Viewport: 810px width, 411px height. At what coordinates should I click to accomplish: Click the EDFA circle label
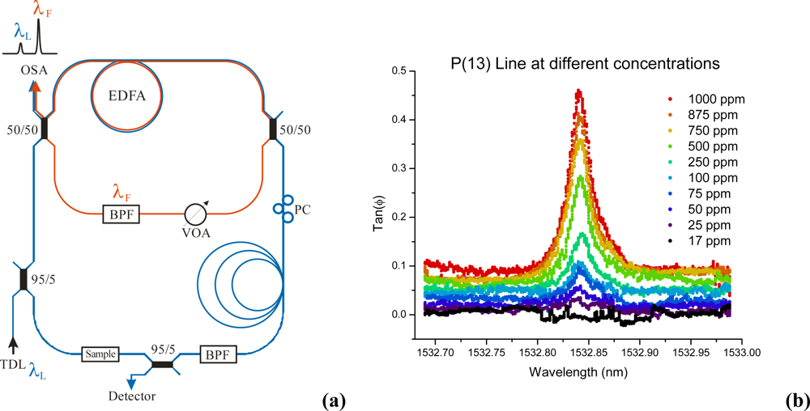(x=126, y=95)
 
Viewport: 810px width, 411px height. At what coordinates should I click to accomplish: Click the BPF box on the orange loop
(x=122, y=214)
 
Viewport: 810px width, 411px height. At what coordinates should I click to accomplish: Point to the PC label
(x=304, y=211)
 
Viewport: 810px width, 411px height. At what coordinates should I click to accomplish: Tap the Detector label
(x=133, y=396)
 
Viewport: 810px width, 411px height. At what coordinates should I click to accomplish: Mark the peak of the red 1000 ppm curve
(x=578, y=91)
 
